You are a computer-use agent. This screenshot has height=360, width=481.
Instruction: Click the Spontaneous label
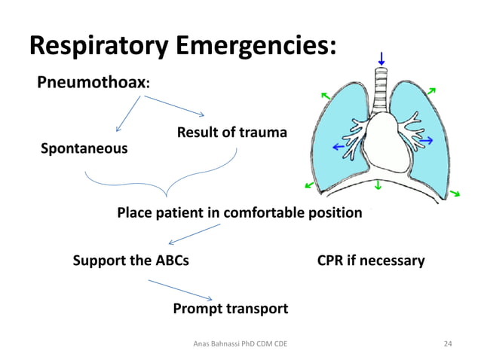pyautogui.click(x=84, y=148)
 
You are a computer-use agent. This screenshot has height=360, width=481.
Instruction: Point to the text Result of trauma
pyautogui.click(x=231, y=133)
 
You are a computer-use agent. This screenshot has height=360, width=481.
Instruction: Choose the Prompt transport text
pyautogui.click(x=230, y=309)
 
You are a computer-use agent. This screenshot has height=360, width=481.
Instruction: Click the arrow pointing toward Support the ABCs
pyautogui.click(x=193, y=234)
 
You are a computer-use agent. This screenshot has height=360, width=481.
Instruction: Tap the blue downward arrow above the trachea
pyautogui.click(x=381, y=58)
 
